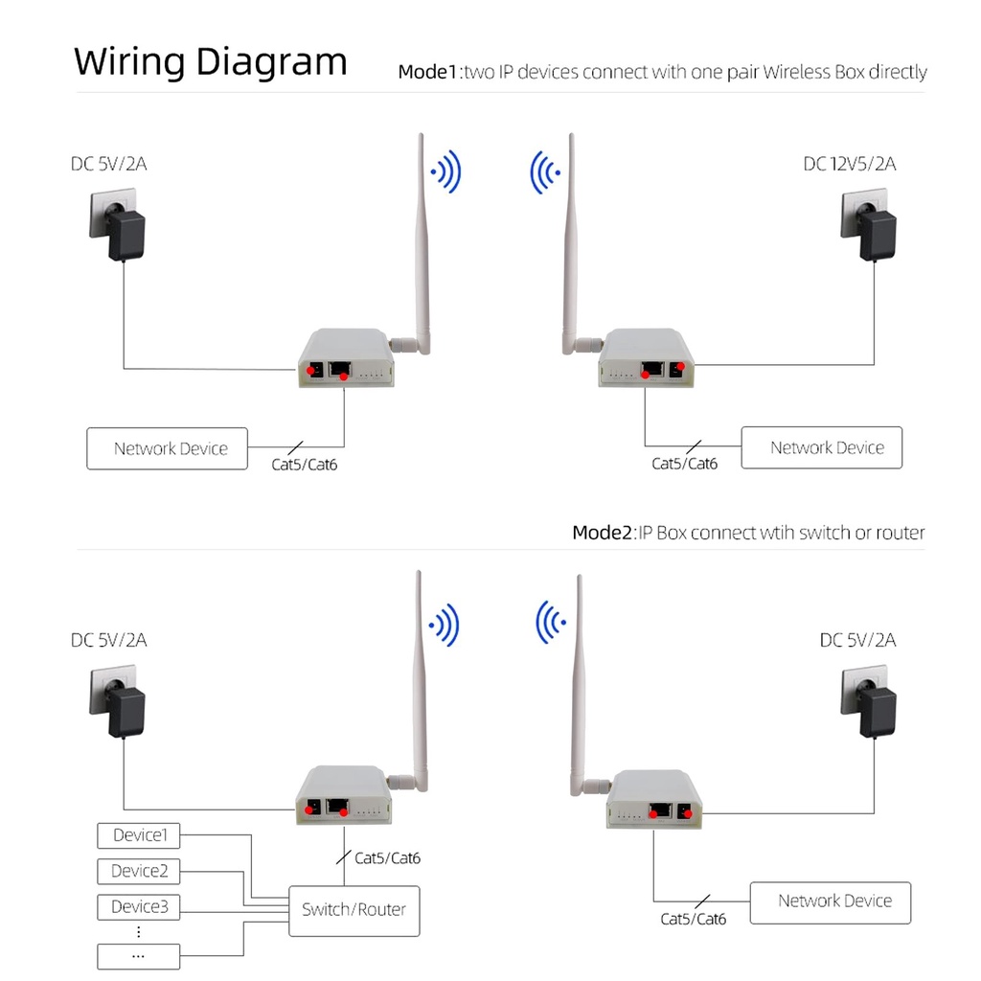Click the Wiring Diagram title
[x=211, y=62]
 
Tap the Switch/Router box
[x=354, y=909]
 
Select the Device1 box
[x=139, y=835]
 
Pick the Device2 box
[x=139, y=871]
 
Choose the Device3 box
[x=139, y=906]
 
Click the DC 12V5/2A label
[x=849, y=164]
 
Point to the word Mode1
[x=428, y=72]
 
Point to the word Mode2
[x=603, y=533]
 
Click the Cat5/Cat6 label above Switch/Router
[x=387, y=857]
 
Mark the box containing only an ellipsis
[x=139, y=955]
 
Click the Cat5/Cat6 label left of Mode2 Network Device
[x=694, y=919]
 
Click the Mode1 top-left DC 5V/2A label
[x=108, y=164]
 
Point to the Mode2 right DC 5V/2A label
[x=857, y=640]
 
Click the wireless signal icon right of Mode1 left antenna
[x=447, y=173]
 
